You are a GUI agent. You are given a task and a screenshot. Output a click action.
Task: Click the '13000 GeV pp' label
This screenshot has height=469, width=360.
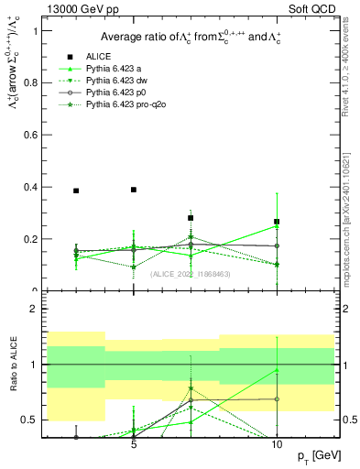click(x=76, y=8)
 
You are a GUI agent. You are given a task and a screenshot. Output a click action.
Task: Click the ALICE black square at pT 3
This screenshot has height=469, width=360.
click(x=76, y=191)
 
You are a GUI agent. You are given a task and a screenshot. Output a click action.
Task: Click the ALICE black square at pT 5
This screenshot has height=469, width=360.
click(x=134, y=190)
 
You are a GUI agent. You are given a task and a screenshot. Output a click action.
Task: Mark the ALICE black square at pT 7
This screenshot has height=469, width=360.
click(x=191, y=218)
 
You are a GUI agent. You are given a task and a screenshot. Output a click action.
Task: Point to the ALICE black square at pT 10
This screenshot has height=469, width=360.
click(x=277, y=222)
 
